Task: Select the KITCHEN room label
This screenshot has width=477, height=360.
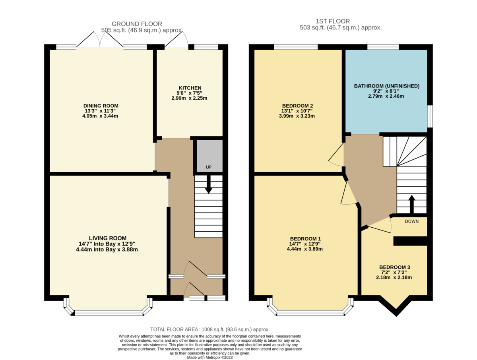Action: coord(190,88)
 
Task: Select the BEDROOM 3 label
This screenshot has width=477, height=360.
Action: coord(394,267)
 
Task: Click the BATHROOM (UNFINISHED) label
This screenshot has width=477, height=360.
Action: coord(386,86)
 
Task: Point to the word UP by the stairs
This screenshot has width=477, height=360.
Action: coord(208,167)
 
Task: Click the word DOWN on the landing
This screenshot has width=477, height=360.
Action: coord(411,221)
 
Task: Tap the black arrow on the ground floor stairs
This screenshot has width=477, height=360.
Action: coord(208,185)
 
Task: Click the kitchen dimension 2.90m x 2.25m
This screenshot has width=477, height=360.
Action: coord(190,98)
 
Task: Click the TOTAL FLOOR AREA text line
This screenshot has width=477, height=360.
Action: coord(210,329)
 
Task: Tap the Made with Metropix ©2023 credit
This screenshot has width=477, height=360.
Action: coord(210,357)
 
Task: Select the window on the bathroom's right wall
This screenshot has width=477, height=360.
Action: coord(430,116)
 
